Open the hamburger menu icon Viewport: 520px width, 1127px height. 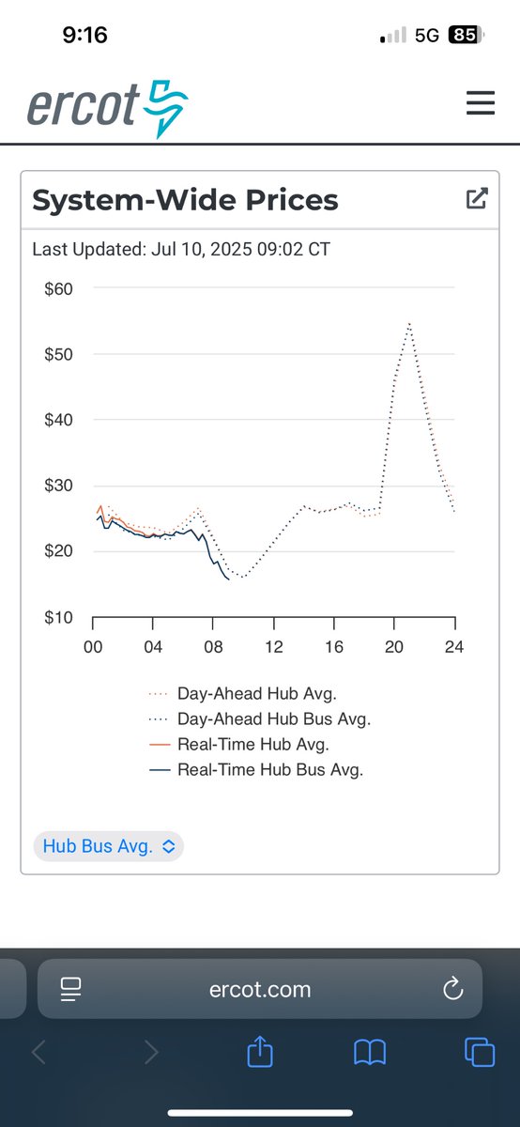[481, 102]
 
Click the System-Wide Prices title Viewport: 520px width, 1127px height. [185, 200]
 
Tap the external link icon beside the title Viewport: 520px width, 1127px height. [477, 198]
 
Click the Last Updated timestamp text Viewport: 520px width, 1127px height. [181, 249]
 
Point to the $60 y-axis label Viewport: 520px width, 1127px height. [59, 288]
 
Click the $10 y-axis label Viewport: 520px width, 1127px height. [59, 618]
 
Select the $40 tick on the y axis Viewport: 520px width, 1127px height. [59, 420]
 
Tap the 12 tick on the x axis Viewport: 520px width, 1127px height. [274, 647]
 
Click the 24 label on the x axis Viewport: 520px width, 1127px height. [454, 647]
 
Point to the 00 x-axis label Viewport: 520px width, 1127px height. [93, 647]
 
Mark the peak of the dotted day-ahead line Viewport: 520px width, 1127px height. [409, 323]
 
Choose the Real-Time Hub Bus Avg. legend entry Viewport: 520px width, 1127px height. [269, 770]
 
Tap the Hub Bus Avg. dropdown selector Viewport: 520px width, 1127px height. [109, 846]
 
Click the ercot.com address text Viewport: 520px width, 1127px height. [259, 989]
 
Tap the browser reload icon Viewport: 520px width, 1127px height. [452, 988]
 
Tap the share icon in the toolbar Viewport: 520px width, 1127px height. [259, 1052]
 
